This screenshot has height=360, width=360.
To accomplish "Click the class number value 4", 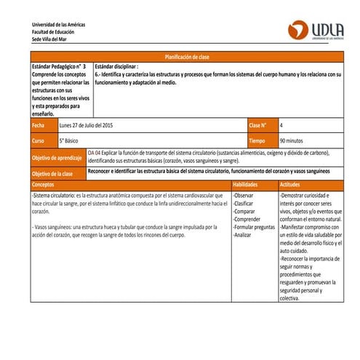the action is coord(282,126).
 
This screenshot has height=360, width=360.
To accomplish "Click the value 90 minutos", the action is coord(295,140).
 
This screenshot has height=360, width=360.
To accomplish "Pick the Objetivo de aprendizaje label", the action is coord(57,157).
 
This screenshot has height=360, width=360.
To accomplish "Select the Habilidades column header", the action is coord(247,185).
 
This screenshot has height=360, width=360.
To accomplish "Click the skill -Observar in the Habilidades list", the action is coord(244,196).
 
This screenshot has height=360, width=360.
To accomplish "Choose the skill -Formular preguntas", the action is coord(254,228).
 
